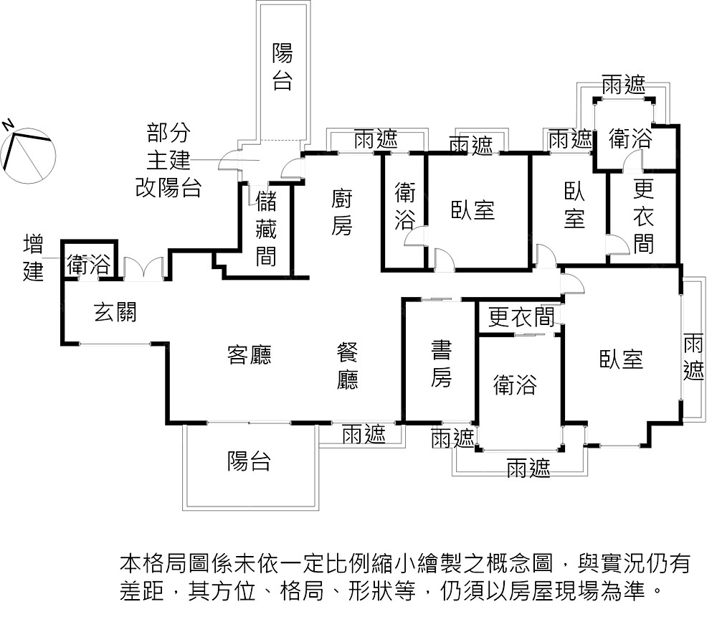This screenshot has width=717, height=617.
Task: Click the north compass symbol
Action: [x=29, y=149]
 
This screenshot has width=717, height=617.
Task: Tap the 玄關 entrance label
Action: [x=115, y=313]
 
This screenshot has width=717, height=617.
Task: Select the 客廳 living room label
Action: [x=249, y=355]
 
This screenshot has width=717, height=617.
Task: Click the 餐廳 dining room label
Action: [x=348, y=367]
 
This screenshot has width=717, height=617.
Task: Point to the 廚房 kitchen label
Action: [x=342, y=212]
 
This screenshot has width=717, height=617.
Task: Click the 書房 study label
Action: [x=441, y=364]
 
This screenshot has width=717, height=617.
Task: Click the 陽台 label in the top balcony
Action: [x=282, y=67]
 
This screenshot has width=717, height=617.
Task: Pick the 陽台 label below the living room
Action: [x=249, y=461]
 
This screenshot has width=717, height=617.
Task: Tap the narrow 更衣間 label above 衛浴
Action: [x=521, y=317]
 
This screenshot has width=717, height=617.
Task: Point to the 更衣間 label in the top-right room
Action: [x=643, y=216]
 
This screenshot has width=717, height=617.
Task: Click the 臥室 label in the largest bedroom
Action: [x=622, y=359]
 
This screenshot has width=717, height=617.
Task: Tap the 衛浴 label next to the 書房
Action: [x=515, y=385]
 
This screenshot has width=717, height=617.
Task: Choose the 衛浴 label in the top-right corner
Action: [x=630, y=139]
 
